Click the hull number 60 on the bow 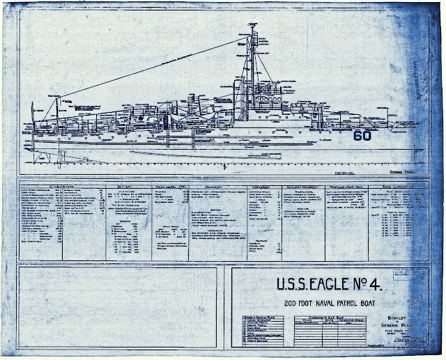tap(362, 136)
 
